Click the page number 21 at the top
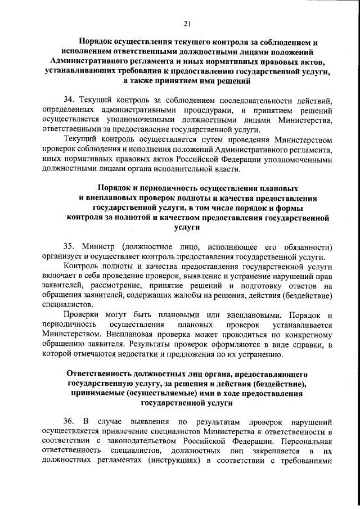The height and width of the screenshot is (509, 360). (187, 22)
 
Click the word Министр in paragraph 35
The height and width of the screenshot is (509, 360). (102, 247)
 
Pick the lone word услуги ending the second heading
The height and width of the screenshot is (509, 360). (188, 228)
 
